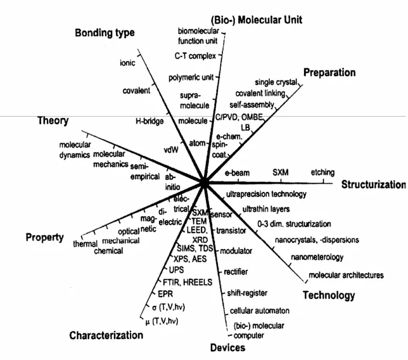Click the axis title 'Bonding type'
point(105,33)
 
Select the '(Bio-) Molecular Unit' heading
point(257,20)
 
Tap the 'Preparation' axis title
point(329,73)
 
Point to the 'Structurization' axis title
point(373,184)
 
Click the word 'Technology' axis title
point(329,295)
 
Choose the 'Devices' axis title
point(228,348)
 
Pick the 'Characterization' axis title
point(106,335)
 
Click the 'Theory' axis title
point(53,121)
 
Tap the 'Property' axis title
point(44,237)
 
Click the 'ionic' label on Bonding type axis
point(128,63)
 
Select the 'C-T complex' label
point(195,56)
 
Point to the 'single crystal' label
point(276,82)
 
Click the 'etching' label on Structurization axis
point(322,172)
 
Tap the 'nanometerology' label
point(317,257)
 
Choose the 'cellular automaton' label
point(259,311)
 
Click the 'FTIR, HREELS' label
point(187,282)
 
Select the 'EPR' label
point(165,294)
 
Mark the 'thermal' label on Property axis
point(85,244)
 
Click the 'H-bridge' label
point(150,121)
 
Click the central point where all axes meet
point(204,183)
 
